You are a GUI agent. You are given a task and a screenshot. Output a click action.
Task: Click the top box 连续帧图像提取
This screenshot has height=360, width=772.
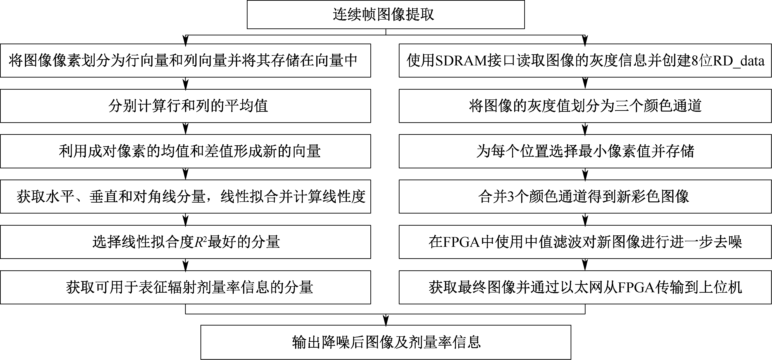click(386, 14)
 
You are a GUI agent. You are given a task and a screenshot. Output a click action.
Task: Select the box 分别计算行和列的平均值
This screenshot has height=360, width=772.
click(186, 106)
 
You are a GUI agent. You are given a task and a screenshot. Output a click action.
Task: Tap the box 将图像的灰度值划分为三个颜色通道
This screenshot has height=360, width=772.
click(585, 106)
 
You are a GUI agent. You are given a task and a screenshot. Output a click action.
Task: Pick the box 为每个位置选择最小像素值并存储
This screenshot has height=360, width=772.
click(585, 151)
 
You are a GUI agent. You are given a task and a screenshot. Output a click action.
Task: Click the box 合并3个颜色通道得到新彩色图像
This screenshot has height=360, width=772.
click(585, 197)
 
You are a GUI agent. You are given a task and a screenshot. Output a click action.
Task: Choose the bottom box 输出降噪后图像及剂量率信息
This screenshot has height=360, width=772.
click(386, 342)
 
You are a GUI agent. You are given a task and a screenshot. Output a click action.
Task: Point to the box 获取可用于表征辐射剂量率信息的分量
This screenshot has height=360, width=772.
click(186, 287)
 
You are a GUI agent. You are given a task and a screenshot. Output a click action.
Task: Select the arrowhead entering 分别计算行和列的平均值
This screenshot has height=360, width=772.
click(186, 85)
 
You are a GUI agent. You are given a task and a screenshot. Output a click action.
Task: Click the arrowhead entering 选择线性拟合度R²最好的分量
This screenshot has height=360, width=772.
click(186, 221)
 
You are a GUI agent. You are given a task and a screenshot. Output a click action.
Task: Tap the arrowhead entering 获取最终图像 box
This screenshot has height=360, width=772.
click(585, 266)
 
